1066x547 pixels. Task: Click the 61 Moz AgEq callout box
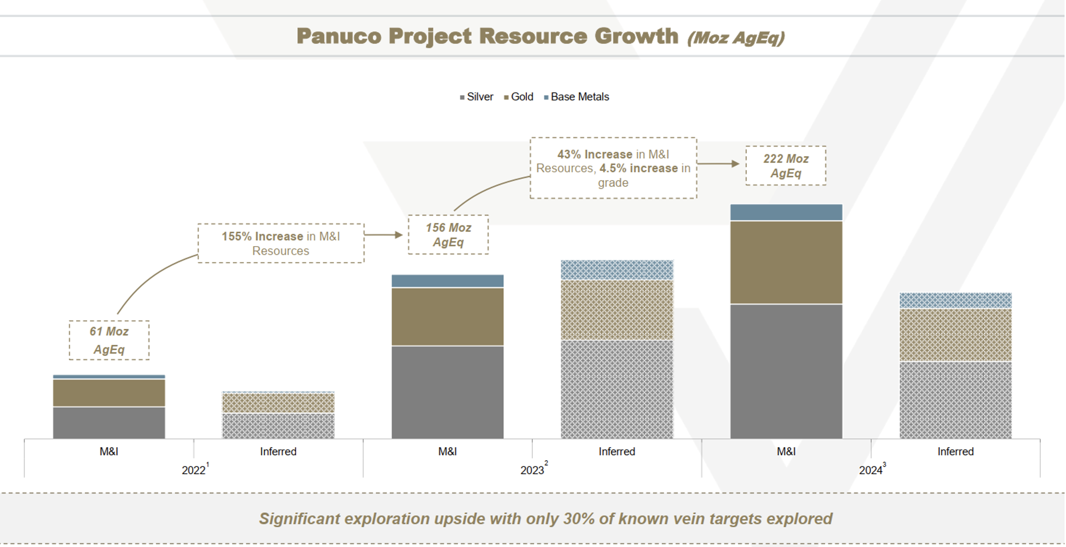coord(109,340)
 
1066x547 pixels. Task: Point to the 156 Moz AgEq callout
coord(448,234)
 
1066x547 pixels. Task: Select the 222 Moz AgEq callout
coord(786,166)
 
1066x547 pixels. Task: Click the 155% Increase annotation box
coord(281,243)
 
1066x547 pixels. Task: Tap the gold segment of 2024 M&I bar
coord(786,262)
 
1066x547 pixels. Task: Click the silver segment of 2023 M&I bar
coord(448,392)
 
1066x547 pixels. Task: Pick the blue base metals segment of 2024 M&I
coord(786,212)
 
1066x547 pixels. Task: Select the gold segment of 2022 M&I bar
coord(109,393)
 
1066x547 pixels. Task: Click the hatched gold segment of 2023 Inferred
coord(617,310)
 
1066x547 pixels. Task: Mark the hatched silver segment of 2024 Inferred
coord(955,400)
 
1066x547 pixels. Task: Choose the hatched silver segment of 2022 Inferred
coord(278,426)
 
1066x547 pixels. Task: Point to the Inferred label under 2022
coord(278,451)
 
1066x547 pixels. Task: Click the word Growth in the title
coord(636,37)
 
